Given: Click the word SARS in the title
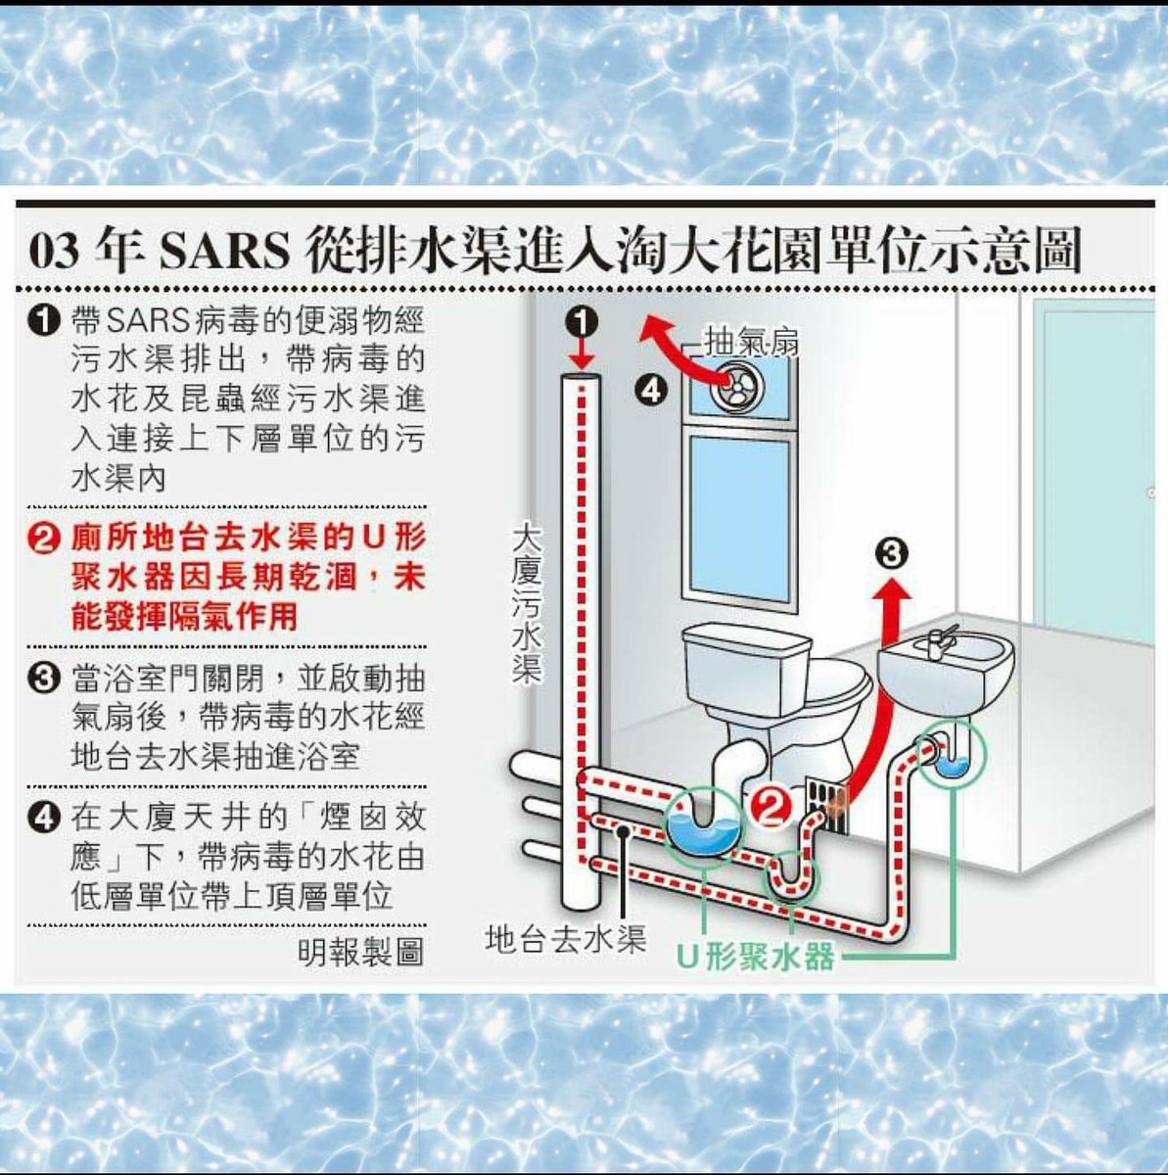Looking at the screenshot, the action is click(x=225, y=252).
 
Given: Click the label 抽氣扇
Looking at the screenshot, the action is click(x=751, y=343).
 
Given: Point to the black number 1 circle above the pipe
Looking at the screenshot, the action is click(x=582, y=320).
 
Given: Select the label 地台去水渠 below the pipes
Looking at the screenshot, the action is click(x=566, y=940).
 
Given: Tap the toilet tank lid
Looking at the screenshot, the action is click(x=747, y=635).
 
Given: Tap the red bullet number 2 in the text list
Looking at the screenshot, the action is click(x=45, y=540).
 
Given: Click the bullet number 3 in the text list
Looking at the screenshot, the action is click(x=45, y=679).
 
